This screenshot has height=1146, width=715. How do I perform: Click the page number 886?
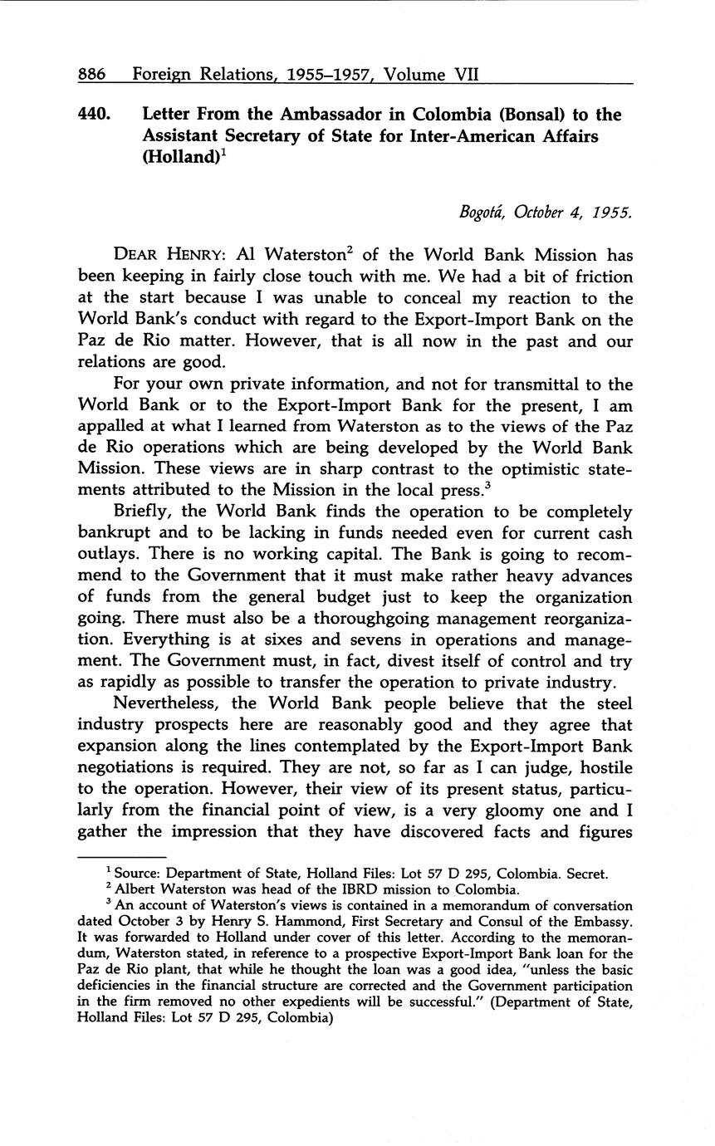coord(91,74)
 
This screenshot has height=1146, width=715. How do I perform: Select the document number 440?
coord(95,115)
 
